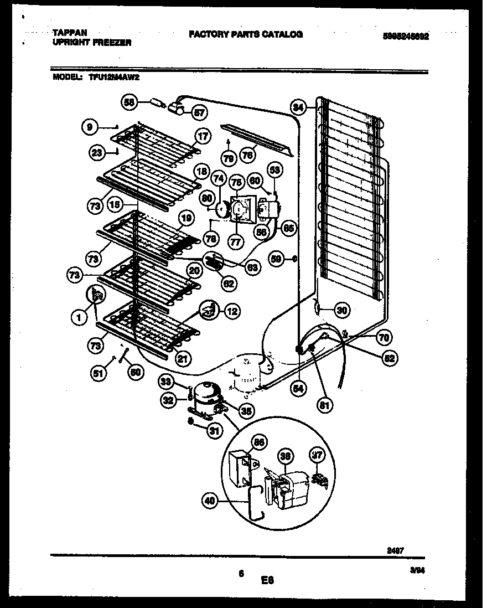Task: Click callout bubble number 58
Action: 128,102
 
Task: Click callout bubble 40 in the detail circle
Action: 209,502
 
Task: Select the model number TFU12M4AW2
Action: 113,78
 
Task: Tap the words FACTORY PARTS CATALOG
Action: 245,34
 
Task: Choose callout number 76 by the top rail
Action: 248,156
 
